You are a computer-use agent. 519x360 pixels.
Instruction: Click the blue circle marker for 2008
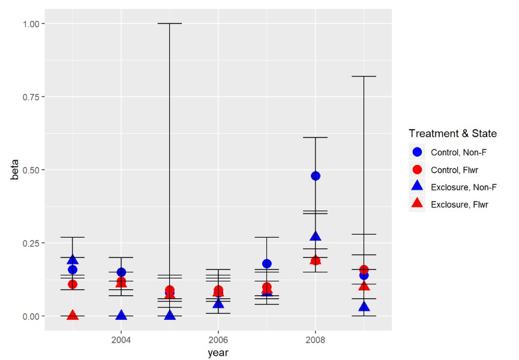click(315, 176)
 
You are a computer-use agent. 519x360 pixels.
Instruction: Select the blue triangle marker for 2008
click(315, 236)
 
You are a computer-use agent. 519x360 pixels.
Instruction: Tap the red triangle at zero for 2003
click(73, 315)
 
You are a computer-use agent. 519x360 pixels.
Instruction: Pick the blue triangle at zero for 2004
click(121, 315)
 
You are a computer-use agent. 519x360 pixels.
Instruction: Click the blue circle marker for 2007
click(266, 263)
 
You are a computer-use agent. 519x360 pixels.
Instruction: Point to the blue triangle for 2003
click(73, 260)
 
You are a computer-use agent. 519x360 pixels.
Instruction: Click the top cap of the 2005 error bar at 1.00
click(170, 23)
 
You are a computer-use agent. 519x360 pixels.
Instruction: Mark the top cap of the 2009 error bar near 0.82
click(364, 76)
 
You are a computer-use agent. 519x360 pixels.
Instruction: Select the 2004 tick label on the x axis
click(121, 340)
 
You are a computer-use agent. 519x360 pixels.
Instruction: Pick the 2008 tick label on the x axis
click(315, 340)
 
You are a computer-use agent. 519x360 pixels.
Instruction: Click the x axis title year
click(218, 353)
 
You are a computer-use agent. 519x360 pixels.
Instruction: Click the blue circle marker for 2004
click(121, 272)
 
